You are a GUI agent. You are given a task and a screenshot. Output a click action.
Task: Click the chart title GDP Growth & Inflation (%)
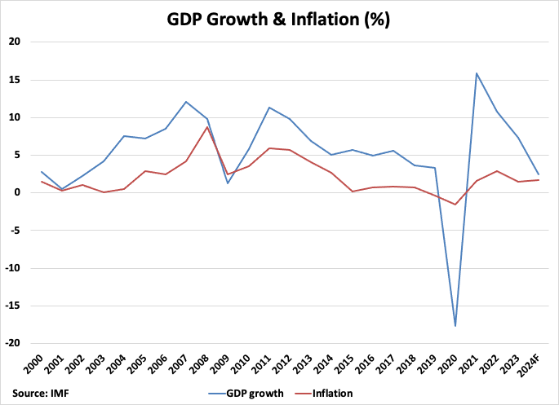click(279, 20)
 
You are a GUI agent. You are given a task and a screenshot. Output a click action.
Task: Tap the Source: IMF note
click(41, 394)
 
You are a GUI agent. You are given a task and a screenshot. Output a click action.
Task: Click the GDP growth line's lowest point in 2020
click(455, 326)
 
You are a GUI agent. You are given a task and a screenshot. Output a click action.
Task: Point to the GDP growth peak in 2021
click(477, 73)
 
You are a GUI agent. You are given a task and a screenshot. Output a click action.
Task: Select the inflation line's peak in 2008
click(206, 126)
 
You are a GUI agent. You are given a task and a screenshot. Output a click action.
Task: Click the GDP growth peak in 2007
click(185, 102)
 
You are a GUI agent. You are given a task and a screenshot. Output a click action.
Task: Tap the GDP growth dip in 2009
click(227, 183)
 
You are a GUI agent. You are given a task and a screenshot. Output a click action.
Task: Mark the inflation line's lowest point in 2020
click(455, 205)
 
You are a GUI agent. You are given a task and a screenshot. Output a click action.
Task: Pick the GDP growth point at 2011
click(268, 108)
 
